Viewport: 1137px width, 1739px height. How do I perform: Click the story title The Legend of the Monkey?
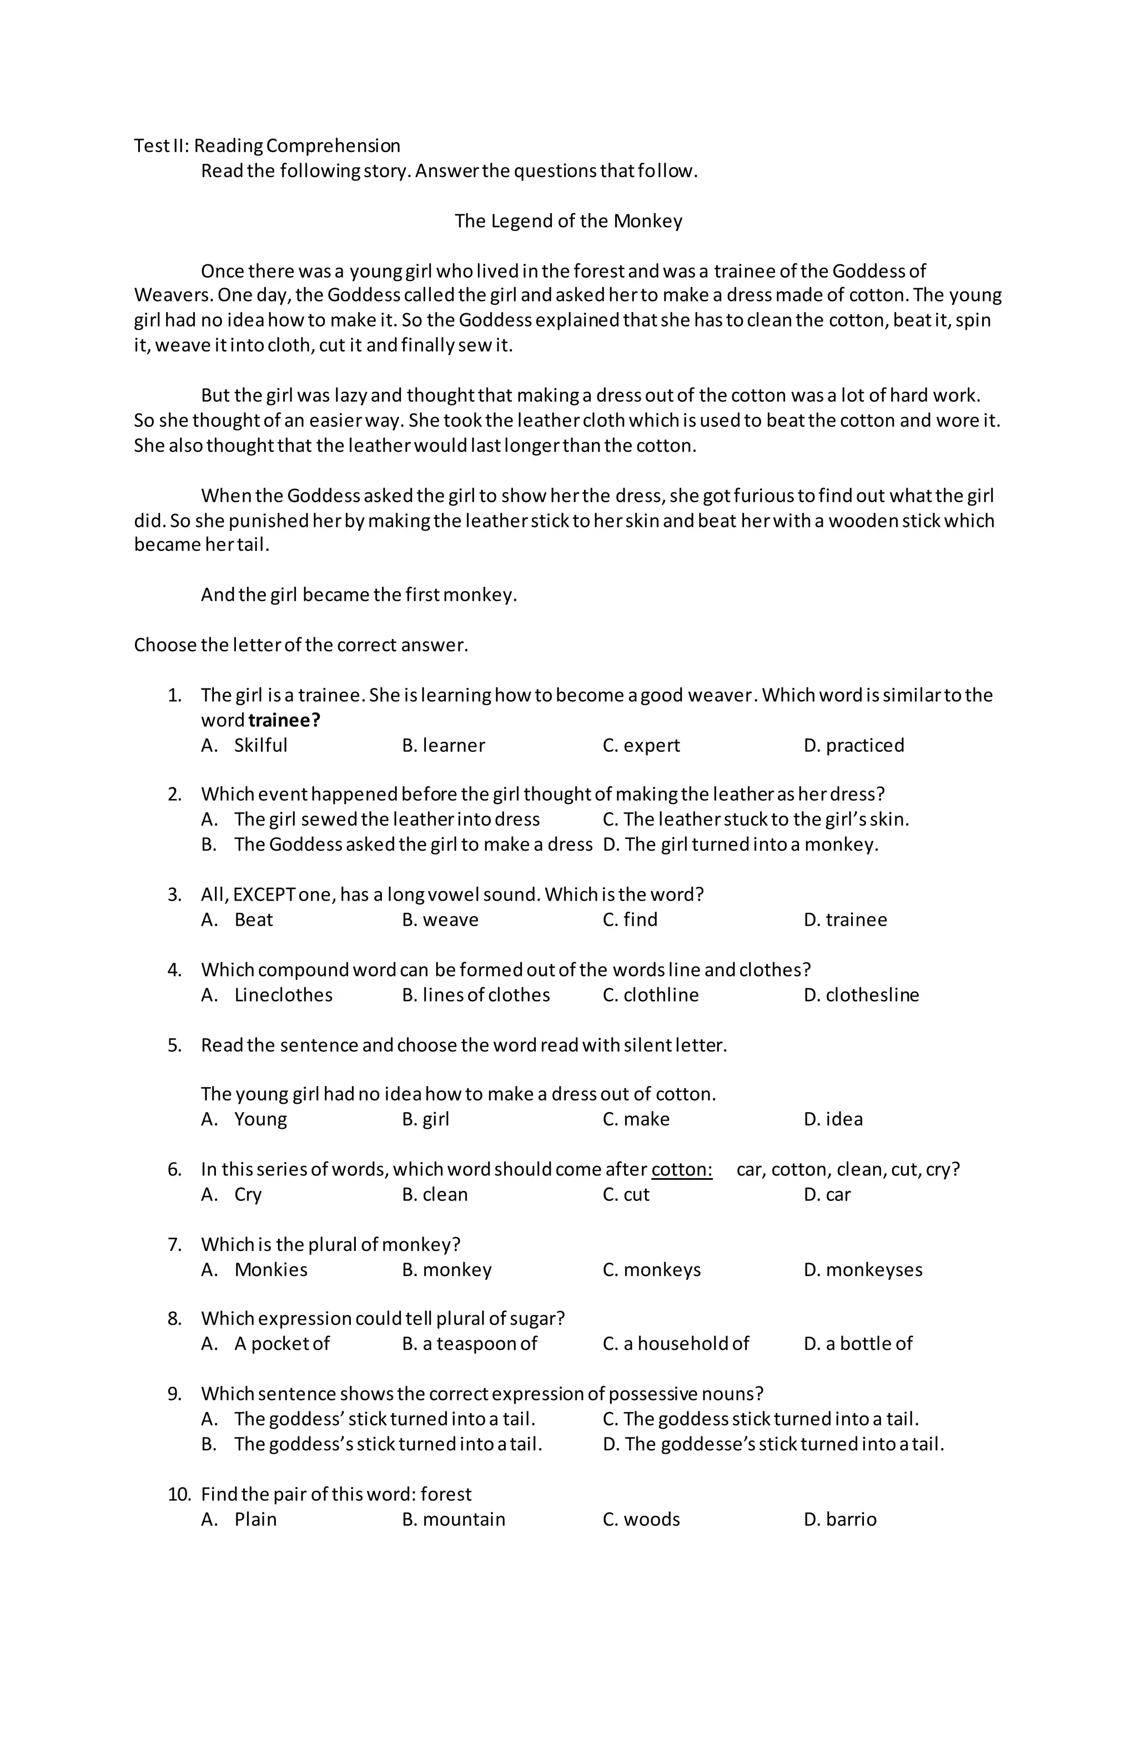[x=568, y=220]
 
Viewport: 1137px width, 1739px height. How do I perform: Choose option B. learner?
[x=443, y=745]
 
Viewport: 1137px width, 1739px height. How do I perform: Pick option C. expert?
[x=641, y=745]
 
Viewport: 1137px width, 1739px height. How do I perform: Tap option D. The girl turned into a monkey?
[x=740, y=844]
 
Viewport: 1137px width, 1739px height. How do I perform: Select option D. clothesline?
[x=861, y=994]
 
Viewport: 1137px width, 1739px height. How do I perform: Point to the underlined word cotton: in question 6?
[x=681, y=1169]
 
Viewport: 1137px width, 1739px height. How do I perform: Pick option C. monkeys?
[x=651, y=1269]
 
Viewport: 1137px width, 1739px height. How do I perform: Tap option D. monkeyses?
[x=862, y=1269]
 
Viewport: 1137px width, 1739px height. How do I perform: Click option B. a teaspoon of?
[x=469, y=1343]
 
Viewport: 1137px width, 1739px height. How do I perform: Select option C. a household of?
[x=675, y=1343]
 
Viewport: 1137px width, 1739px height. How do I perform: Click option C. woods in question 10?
[x=641, y=1519]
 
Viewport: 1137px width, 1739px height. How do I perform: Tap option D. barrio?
[x=839, y=1519]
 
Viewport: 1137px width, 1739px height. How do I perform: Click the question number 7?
[x=175, y=1244]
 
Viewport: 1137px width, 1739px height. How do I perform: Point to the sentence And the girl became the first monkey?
[x=359, y=594]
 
